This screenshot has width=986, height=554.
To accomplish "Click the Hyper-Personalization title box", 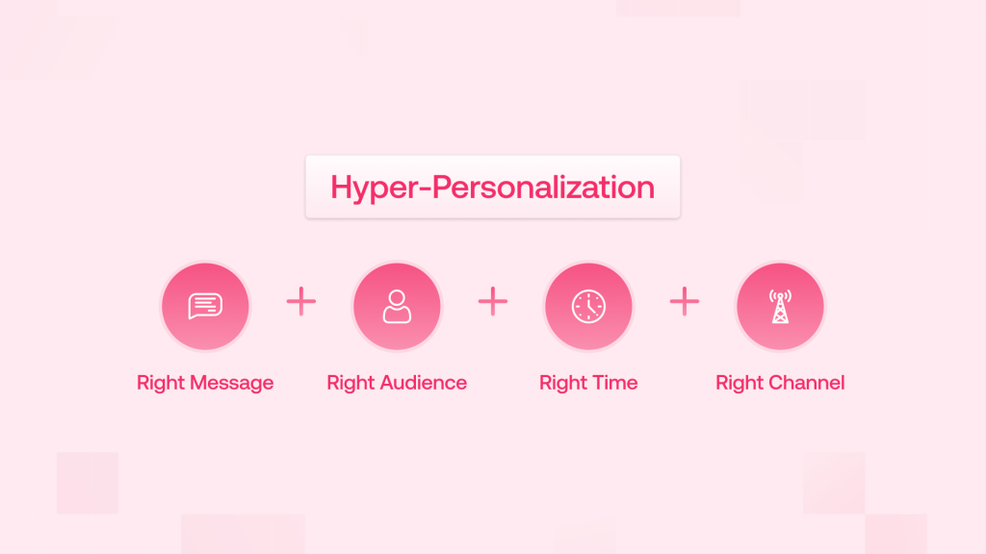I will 492,187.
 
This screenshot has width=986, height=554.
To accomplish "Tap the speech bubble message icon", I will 205,306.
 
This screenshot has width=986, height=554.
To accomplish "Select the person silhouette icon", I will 397,306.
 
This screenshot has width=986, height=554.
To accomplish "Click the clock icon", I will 588,306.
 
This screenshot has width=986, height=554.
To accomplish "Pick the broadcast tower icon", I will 780,306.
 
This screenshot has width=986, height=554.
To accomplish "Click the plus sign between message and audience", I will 301,302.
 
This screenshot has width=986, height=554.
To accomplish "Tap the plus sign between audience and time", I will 492,302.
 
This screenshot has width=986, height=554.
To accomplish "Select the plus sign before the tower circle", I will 684,302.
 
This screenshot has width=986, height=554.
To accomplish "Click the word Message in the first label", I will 232,383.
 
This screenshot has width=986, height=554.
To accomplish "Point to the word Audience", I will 424,383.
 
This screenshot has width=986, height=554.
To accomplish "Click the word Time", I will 614,383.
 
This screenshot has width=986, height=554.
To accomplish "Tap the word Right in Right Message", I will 161,383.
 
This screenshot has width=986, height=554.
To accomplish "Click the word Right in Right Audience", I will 350,383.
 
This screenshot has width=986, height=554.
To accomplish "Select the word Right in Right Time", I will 563,383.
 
